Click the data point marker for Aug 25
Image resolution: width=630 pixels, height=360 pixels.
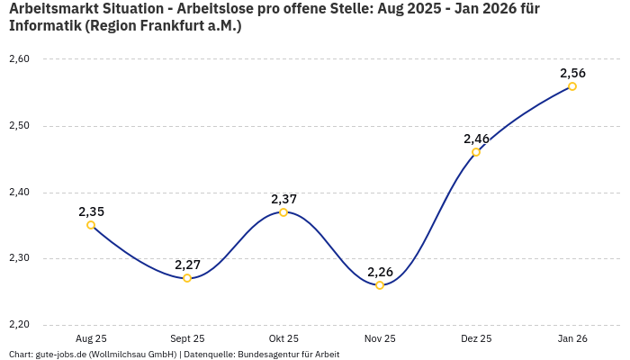pyautogui.click(x=91, y=225)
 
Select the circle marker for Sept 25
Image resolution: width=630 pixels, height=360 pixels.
pyautogui.click(x=187, y=278)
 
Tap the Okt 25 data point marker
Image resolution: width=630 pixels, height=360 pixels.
pyautogui.click(x=283, y=212)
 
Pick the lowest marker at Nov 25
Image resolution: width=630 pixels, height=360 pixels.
pyautogui.click(x=380, y=285)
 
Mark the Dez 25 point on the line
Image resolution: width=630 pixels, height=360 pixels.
pyautogui.click(x=476, y=152)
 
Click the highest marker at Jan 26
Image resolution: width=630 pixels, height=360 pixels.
pyautogui.click(x=572, y=86)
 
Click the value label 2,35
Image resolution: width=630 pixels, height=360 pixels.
pyautogui.click(x=91, y=211)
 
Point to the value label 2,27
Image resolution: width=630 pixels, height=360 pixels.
pyautogui.click(x=187, y=265)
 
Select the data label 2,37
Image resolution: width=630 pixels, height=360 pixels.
pyautogui.click(x=283, y=199)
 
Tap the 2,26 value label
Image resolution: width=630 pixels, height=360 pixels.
pyautogui.click(x=380, y=272)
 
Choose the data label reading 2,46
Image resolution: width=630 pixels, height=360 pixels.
pyautogui.click(x=476, y=139)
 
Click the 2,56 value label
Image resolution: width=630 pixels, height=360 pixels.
pyautogui.click(x=572, y=73)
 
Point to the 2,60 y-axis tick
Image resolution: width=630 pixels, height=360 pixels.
pyautogui.click(x=19, y=59)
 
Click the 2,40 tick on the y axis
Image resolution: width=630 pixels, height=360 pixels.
pyautogui.click(x=19, y=193)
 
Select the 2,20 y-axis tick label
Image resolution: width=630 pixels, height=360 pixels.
pyautogui.click(x=19, y=325)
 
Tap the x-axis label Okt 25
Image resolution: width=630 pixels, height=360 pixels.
pyautogui.click(x=283, y=339)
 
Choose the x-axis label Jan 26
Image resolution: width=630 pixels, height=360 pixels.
pyautogui.click(x=572, y=339)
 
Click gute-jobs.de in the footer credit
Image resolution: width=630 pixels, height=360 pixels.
pyautogui.click(x=62, y=355)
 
